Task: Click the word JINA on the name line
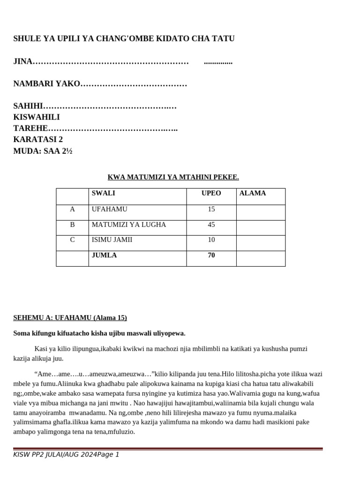tap(23, 61)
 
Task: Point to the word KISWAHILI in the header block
tap(37, 117)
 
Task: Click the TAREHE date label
tap(30, 128)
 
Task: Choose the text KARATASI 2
tap(38, 139)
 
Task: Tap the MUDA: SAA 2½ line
tap(43, 151)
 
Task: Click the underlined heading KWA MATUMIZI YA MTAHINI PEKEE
tap(173, 177)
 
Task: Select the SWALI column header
tap(104, 193)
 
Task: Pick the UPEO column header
tap(211, 193)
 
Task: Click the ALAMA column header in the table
tap(253, 193)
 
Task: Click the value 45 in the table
tap(211, 225)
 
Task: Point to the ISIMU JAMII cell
tap(112, 240)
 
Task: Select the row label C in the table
tap(72, 240)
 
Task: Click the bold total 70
tap(211, 255)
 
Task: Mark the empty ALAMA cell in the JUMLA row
tap(261, 258)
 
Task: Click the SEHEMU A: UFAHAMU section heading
tap(70, 318)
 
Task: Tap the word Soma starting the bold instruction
tap(21, 333)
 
